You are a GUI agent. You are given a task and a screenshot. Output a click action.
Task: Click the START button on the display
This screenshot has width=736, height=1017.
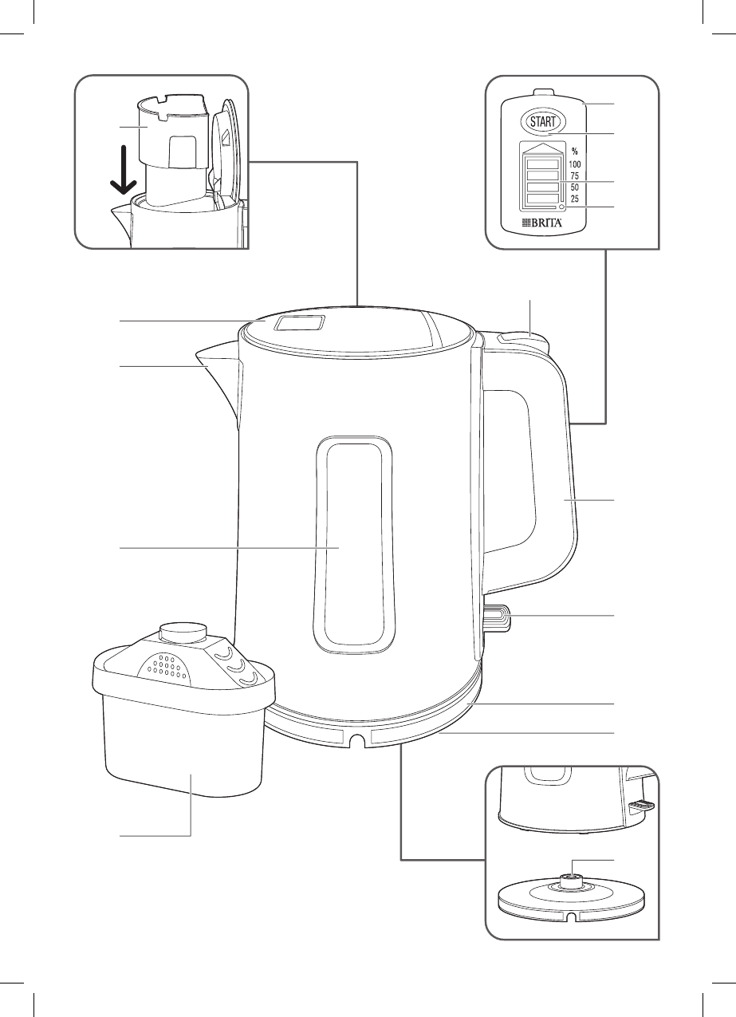[542, 122]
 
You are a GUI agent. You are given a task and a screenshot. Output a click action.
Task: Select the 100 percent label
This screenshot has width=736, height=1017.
[575, 164]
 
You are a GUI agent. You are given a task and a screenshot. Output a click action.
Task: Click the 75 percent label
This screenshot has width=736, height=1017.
[575, 175]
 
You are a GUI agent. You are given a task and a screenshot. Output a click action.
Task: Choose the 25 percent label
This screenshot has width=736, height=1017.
[575, 199]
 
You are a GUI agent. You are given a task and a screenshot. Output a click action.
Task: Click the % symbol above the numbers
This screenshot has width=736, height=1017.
[573, 151]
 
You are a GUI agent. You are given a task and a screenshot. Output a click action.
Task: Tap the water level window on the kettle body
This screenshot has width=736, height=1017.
[356, 542]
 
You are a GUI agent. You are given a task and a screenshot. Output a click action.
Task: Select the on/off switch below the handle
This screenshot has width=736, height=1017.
[496, 617]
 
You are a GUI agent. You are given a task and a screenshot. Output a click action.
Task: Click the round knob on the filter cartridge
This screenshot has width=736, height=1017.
[183, 633]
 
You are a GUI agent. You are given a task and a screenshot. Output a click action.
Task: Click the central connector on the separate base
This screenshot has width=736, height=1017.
[571, 881]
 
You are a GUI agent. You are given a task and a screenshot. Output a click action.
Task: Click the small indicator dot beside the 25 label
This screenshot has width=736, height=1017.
[561, 207]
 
